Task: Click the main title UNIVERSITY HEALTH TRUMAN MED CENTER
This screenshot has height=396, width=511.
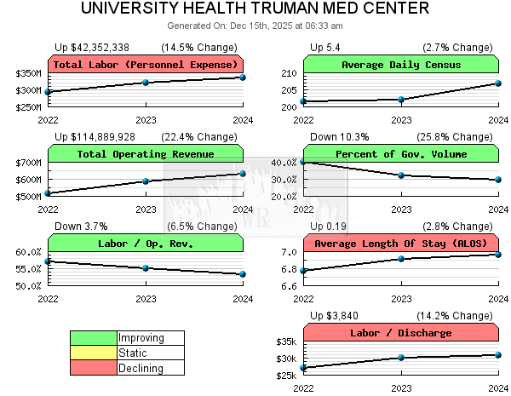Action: [x=255, y=9]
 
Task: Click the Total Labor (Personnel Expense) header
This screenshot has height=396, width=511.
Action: [x=146, y=65]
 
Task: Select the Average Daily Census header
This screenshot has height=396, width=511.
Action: [x=401, y=65]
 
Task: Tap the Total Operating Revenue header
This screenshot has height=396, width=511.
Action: [x=146, y=154]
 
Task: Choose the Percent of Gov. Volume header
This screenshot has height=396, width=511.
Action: [x=401, y=154]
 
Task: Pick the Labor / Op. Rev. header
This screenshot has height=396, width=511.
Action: [x=146, y=244]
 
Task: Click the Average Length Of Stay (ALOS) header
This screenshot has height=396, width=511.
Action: [x=401, y=244]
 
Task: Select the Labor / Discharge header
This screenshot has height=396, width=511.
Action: [x=401, y=333]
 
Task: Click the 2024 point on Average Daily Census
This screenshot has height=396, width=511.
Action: [x=498, y=83]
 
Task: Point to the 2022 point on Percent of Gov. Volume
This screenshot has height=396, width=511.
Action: [x=304, y=162]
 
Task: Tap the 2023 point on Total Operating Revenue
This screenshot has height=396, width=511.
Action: [x=146, y=181]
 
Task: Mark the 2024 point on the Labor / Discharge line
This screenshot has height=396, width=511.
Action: [x=498, y=355]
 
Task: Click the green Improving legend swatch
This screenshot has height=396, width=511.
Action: [x=93, y=338]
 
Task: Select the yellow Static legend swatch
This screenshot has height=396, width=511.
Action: [x=93, y=353]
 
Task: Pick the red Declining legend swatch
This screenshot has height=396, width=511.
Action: [x=93, y=368]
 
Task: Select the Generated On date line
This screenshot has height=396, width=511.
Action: [x=255, y=26]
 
